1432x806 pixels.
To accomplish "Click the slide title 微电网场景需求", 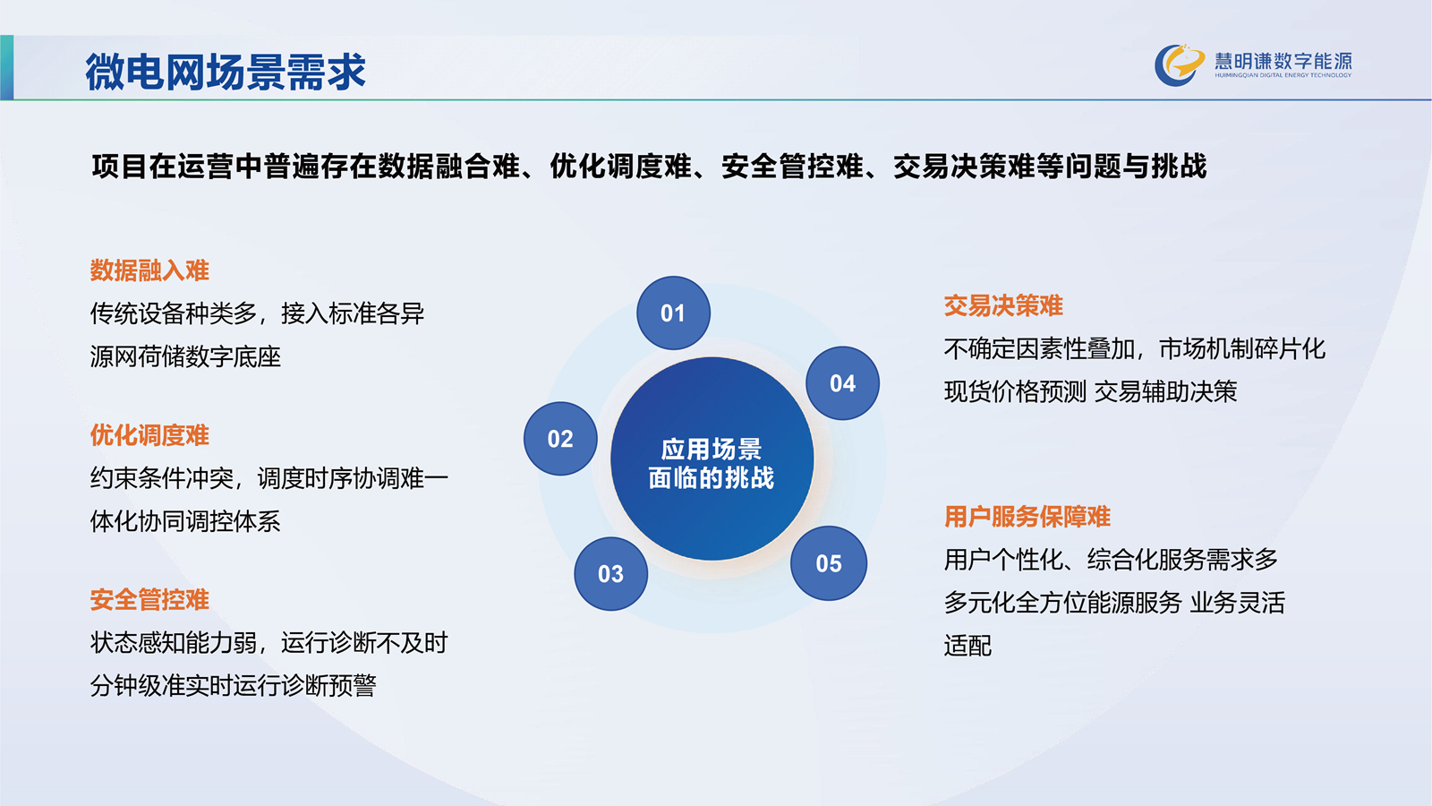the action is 225,71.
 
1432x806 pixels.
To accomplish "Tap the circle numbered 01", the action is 673,313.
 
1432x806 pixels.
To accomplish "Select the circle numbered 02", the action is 560,439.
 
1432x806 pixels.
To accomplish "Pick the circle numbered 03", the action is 610,574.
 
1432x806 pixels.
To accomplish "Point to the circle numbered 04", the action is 842,383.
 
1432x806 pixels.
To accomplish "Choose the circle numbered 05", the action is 829,563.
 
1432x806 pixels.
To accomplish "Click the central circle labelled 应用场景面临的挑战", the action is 712,459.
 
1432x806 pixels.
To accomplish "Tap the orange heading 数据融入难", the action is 149,270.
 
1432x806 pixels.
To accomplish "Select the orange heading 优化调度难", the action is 149,435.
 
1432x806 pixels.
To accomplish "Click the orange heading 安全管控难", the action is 149,599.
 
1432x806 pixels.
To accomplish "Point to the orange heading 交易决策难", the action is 1003,305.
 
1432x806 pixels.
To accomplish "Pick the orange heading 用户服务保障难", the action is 1027,516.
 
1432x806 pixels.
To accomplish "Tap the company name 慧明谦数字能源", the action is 1283,61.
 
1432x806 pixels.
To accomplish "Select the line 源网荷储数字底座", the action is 185,356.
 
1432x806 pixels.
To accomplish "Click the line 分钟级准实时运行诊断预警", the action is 233,685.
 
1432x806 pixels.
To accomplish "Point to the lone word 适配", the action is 967,646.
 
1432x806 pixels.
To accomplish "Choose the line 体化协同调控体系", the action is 185,521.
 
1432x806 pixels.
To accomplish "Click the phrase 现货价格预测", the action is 1015,391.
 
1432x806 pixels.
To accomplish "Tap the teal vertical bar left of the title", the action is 6,67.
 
